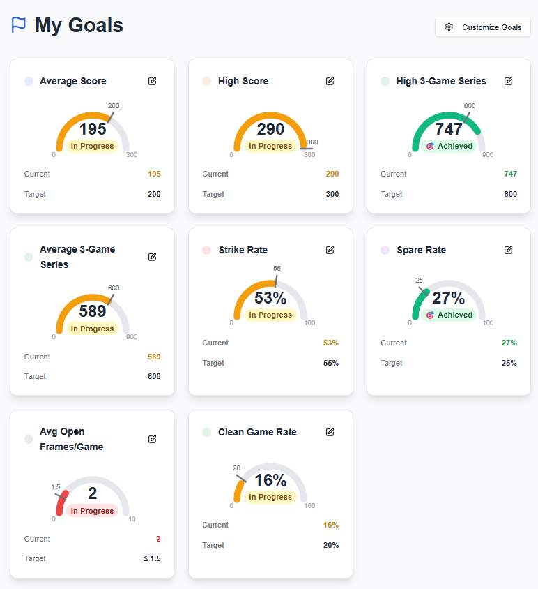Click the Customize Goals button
pos(483,27)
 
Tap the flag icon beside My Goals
pos(19,26)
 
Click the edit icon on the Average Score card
pos(152,81)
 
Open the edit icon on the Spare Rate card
pos(509,250)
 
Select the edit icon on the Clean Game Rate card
pos(330,432)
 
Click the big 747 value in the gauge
pos(449,129)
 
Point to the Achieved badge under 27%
pos(449,315)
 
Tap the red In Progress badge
pos(92,511)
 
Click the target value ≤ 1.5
pos(151,558)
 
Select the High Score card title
pos(243,81)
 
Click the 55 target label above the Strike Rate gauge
pos(277,269)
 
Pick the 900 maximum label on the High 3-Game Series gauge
pos(488,155)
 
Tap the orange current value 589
pos(154,357)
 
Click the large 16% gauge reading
pos(270,480)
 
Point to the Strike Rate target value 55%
pos(331,363)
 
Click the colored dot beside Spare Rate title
pos(385,250)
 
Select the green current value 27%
pos(509,343)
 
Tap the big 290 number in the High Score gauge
pos(270,129)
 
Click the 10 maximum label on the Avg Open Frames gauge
pos(132,519)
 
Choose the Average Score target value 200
pos(154,194)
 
